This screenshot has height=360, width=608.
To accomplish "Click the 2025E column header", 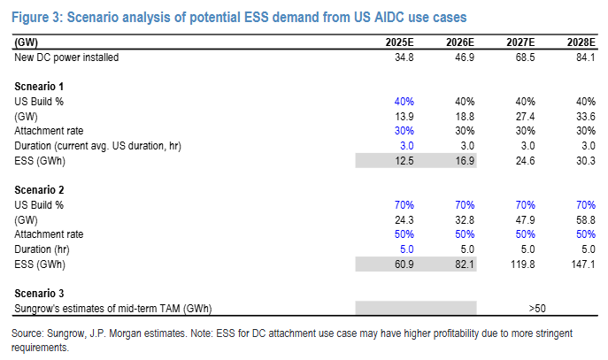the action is [x=399, y=42].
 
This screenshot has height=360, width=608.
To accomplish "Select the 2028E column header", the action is [x=581, y=42].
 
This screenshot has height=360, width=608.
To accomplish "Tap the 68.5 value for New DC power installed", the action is [x=525, y=57].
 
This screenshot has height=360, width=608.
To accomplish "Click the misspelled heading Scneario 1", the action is [x=39, y=87].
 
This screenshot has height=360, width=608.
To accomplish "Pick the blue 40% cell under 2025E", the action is [x=404, y=102].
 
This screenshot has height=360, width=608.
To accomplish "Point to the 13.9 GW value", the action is [x=404, y=117].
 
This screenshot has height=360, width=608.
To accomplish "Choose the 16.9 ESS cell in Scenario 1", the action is [x=465, y=161].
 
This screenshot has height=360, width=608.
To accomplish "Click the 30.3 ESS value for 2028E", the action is [x=586, y=161].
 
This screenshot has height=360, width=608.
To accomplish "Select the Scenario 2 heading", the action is [x=39, y=190].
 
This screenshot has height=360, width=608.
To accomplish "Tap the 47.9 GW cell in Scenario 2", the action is [x=525, y=220].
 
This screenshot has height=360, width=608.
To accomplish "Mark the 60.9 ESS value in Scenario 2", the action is [x=404, y=264].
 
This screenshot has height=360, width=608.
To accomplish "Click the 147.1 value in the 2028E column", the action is [x=583, y=264].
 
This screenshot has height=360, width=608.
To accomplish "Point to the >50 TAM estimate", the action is [x=537, y=309].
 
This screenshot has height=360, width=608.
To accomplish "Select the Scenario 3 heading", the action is [x=39, y=294].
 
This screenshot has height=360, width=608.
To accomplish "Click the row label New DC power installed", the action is [x=66, y=57].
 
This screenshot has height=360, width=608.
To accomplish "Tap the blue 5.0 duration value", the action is [x=406, y=249].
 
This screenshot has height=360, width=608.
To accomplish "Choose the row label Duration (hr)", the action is [x=42, y=249].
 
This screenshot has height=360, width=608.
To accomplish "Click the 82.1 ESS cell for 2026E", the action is [x=465, y=264].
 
